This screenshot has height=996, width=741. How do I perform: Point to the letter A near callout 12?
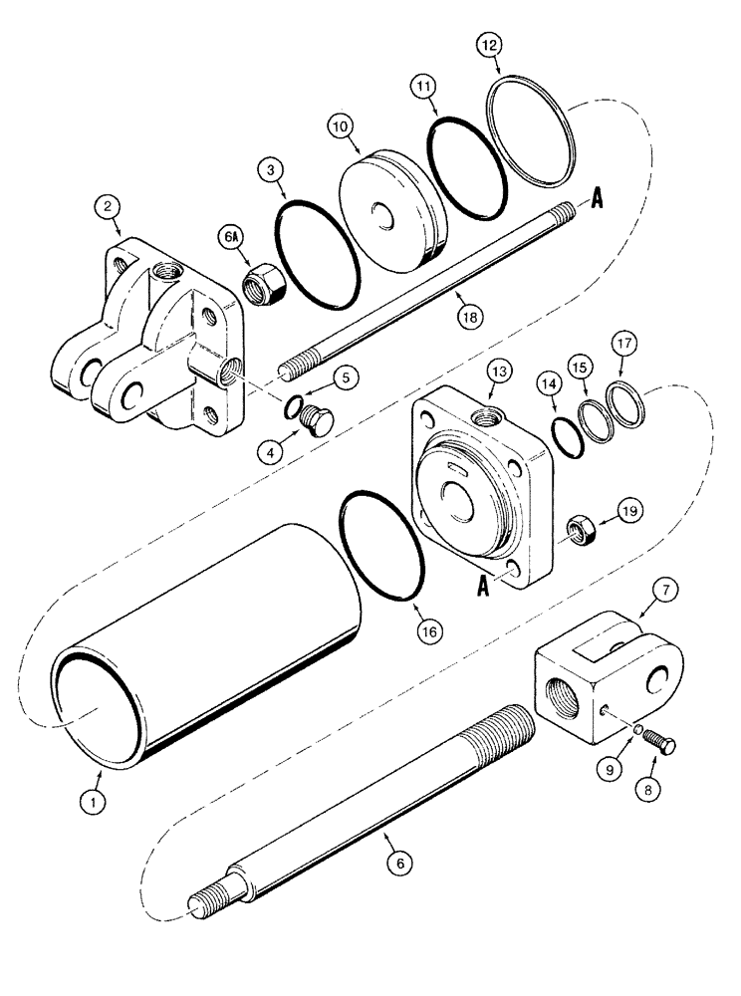click(x=598, y=199)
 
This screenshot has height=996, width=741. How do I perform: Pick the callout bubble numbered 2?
click(x=108, y=208)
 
